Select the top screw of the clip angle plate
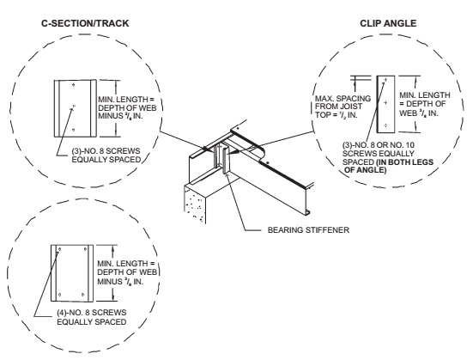386,80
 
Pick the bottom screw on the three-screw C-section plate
74,130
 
